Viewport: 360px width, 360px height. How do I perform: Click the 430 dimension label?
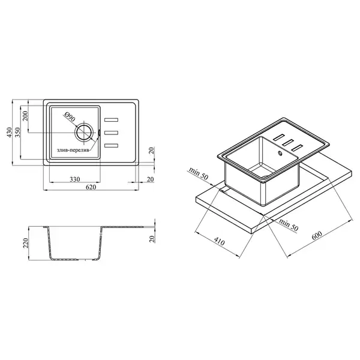(9, 132)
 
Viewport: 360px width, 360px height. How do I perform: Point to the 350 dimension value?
(17, 132)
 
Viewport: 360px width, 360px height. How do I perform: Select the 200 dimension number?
(25, 116)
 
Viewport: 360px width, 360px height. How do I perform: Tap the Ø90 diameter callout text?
(70, 116)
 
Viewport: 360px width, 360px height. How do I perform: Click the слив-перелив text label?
(73, 151)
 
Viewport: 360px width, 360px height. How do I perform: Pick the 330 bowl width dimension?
(75, 179)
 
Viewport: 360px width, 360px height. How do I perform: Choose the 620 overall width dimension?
(91, 187)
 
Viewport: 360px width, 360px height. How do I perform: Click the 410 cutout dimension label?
(219, 242)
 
